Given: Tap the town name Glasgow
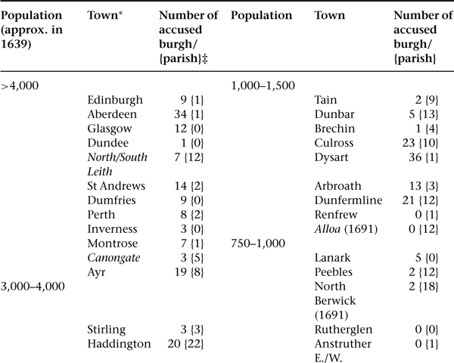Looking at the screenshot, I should coord(109,129).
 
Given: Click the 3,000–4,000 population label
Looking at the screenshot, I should coord(32,287).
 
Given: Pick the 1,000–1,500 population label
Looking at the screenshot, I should coord(262,85).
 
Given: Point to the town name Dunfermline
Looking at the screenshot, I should coord(348,200).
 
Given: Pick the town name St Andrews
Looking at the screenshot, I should coord(116,186).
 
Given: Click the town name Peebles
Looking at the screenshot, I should coord(333,272).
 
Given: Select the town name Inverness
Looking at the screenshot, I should coord(113,229).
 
